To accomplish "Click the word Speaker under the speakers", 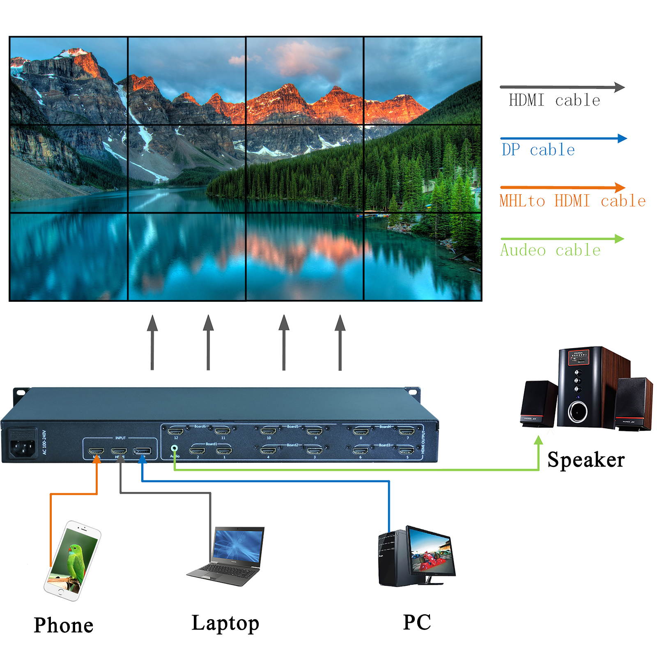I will [586, 459].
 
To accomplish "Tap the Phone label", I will [64, 625].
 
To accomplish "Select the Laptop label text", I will [225, 623].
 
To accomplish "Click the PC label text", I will [417, 622].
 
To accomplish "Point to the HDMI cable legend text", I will [554, 100].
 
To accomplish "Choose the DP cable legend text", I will [538, 150].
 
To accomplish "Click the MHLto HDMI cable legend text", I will [572, 201].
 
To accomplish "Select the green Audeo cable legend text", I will [550, 250].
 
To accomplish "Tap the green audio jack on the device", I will [175, 449].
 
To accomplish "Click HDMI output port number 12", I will [176, 431].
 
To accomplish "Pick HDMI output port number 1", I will [224, 451].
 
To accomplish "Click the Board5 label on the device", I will [292, 426].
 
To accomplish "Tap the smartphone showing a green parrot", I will [73, 561].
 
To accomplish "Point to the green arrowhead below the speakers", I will [538, 441].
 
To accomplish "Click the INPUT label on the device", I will [120, 438].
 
